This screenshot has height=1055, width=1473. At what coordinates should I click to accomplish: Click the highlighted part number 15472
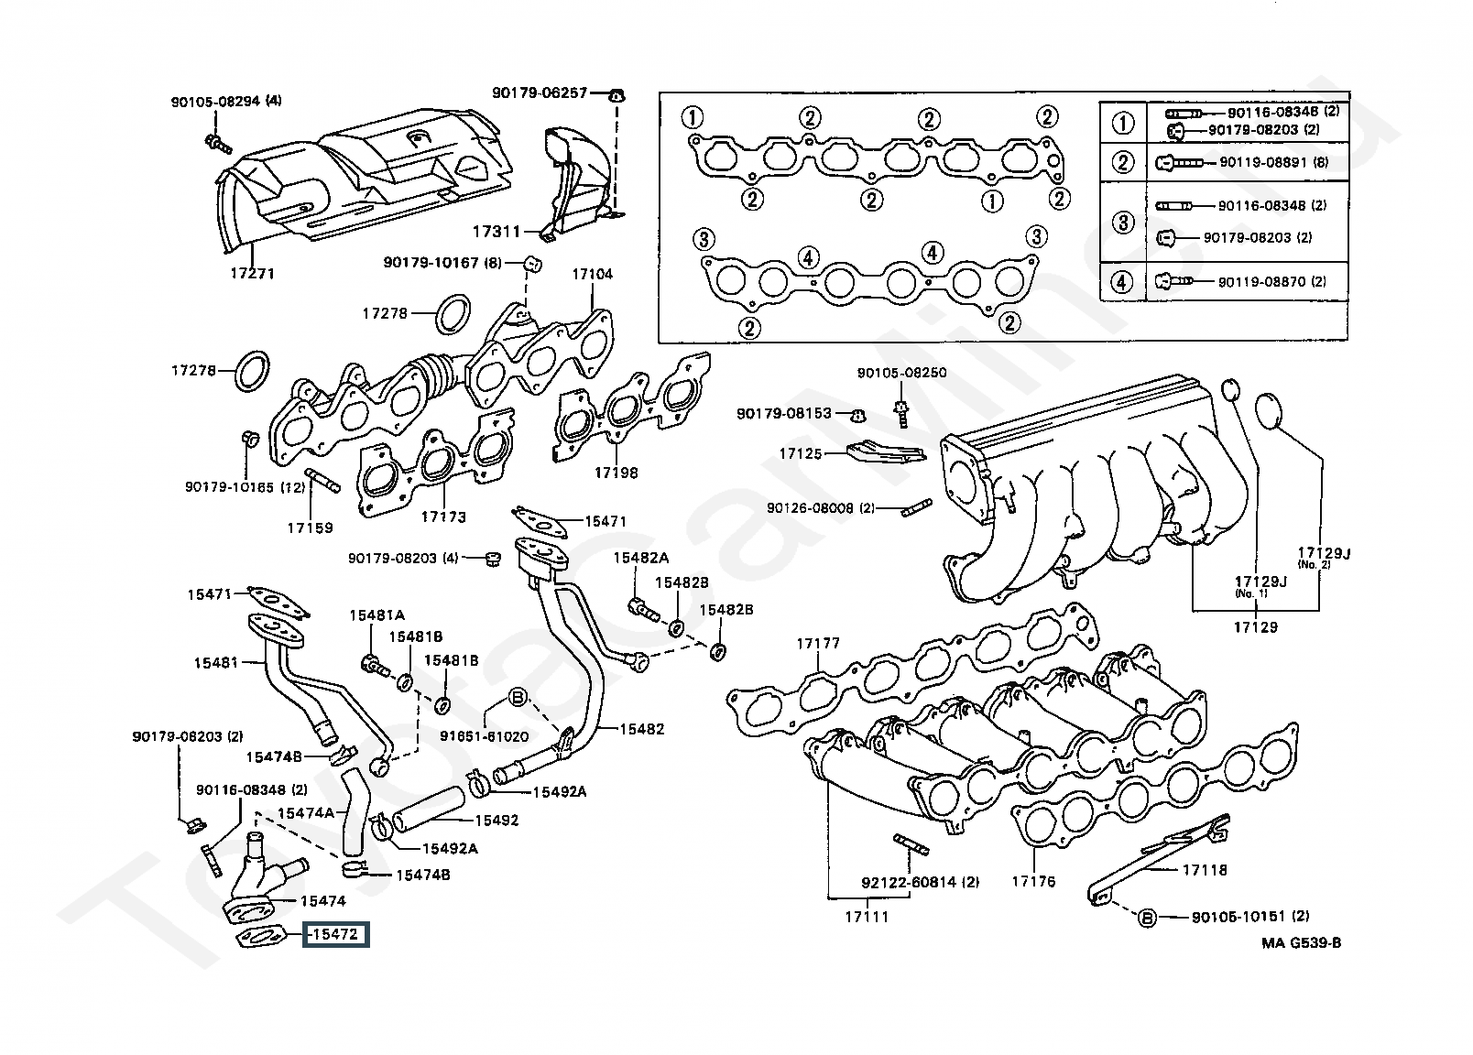point(336,934)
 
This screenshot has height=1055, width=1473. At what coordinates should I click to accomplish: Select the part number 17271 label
point(253,273)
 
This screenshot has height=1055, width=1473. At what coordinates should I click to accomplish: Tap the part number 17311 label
point(496,232)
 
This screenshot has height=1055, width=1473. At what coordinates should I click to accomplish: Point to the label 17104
point(593,274)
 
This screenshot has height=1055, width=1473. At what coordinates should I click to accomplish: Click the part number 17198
point(616,473)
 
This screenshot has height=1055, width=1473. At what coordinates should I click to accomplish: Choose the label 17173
point(443,517)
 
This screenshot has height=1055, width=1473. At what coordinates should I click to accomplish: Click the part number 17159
point(310,527)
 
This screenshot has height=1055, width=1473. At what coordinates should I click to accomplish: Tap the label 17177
point(817,644)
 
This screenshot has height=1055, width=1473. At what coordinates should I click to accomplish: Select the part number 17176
point(1033,881)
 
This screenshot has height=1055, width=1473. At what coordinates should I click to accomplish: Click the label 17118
point(1205,869)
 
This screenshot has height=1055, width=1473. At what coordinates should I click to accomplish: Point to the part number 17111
point(866,915)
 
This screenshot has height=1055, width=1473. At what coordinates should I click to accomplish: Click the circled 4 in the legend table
point(1122,281)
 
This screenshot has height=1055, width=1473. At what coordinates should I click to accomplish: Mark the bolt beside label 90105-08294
point(215,143)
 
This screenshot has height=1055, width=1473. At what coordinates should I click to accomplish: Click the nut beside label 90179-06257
point(617,94)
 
